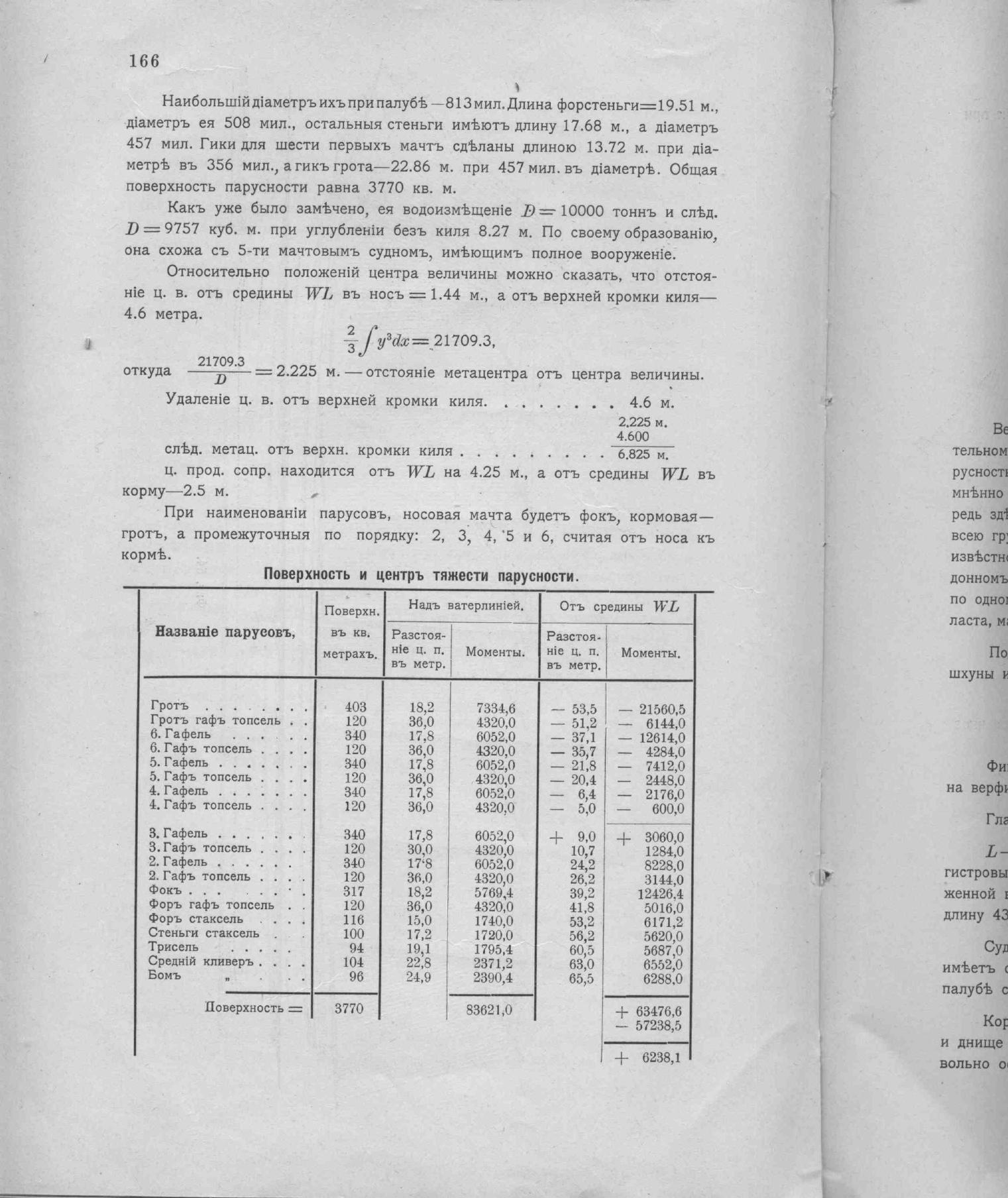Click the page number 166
(144, 62)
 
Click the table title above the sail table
(421, 575)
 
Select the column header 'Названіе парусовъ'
(225, 631)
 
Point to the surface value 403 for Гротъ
(355, 708)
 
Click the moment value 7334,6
(496, 709)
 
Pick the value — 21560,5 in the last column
(652, 710)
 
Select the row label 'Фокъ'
(166, 891)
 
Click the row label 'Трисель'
(173, 947)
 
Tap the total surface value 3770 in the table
(348, 1009)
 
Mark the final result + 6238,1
(649, 1058)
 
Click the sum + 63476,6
(649, 1012)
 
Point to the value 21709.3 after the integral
(463, 341)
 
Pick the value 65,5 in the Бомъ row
(581, 978)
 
